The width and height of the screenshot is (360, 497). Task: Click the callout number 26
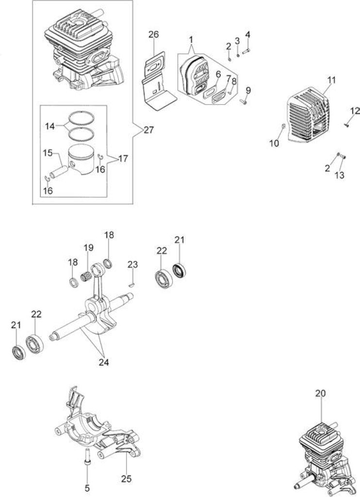coord(154,34)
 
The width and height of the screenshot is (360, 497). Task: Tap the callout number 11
coord(331,80)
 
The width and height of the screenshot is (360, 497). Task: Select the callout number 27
coord(148,130)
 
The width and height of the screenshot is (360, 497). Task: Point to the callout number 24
coord(104,362)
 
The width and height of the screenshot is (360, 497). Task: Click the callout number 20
coord(320,393)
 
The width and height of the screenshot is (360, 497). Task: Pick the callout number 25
coord(126,479)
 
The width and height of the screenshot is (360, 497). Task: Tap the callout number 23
coord(133,264)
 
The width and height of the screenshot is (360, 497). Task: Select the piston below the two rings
coord(82,159)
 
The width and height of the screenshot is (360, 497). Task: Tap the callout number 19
coord(89,248)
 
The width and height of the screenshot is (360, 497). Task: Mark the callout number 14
coord(50,126)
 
